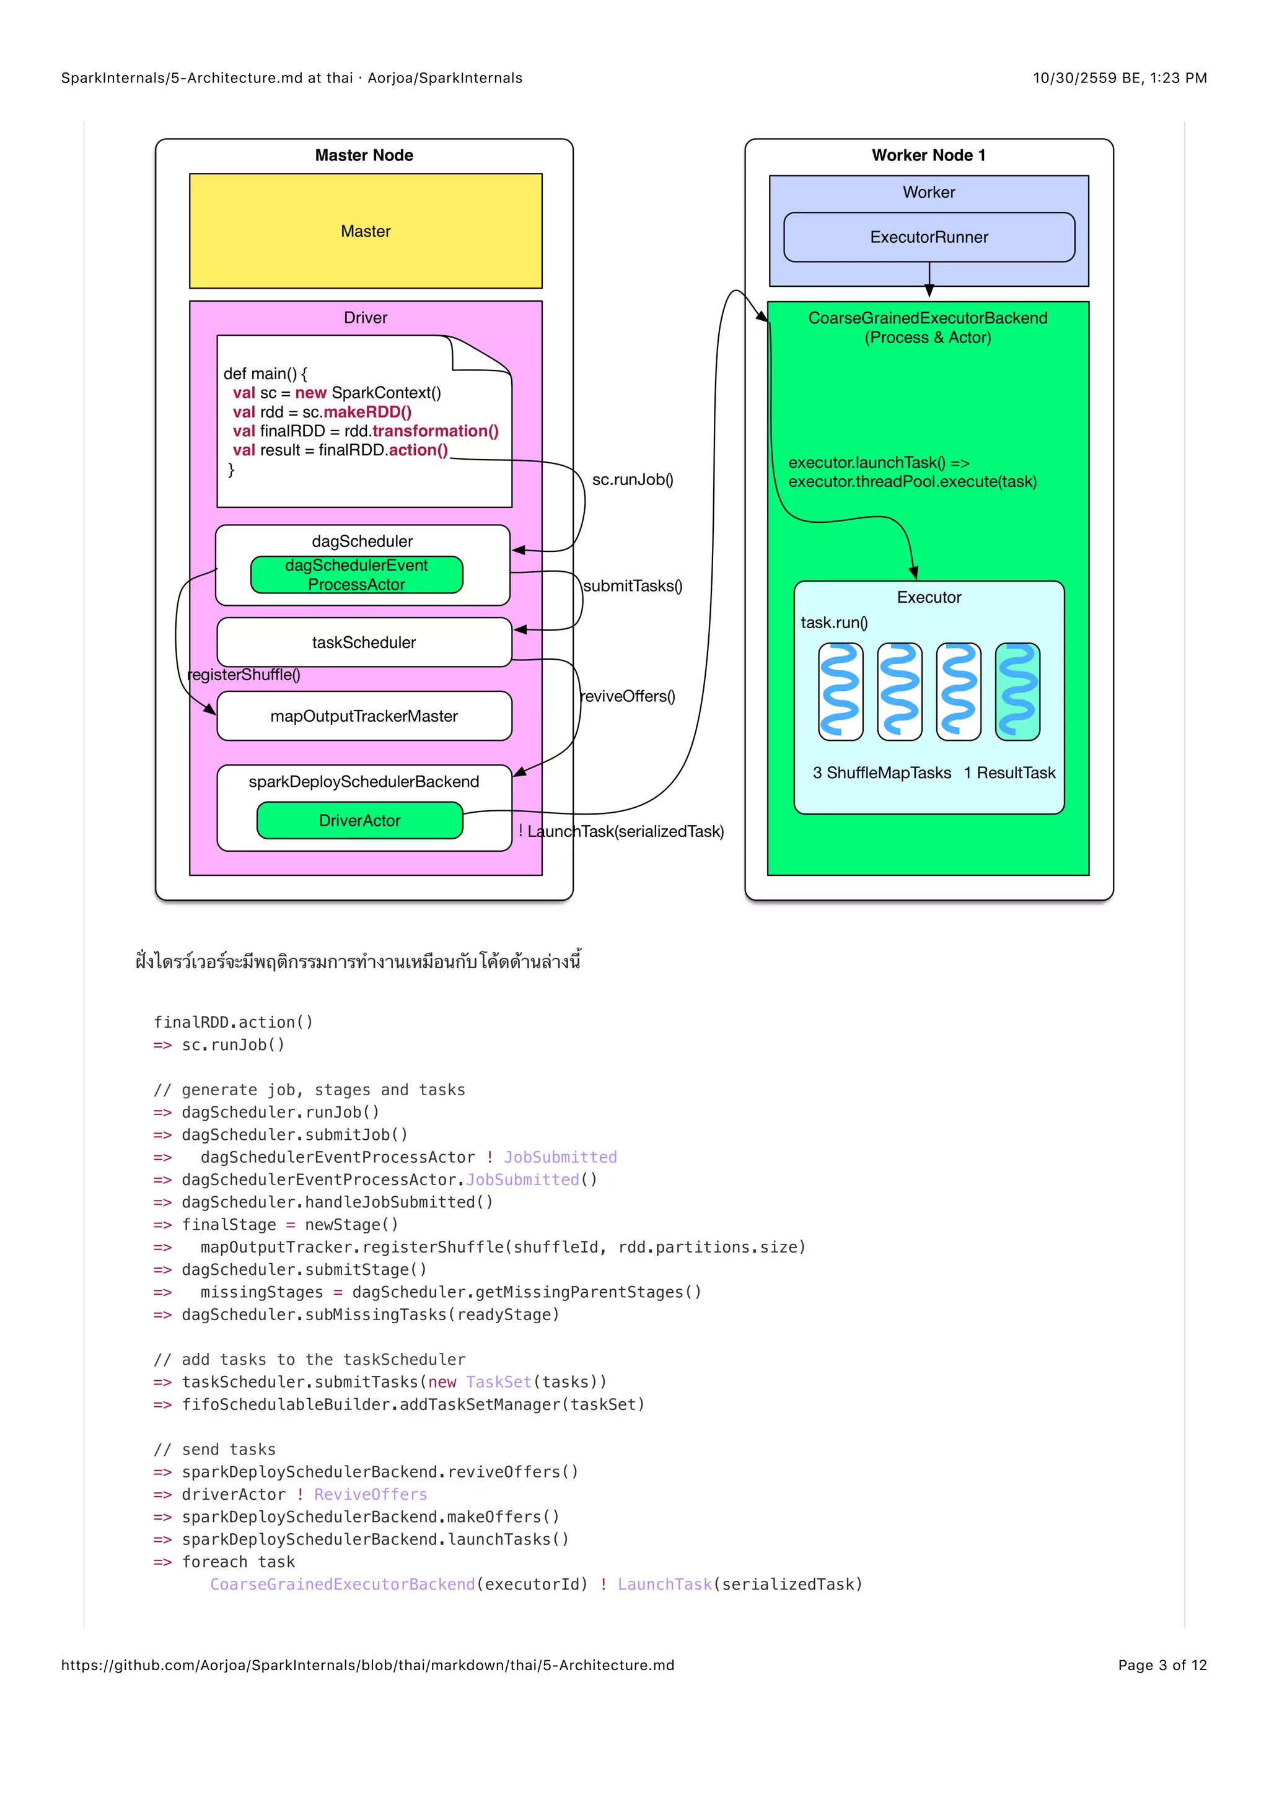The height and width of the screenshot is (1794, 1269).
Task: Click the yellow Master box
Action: (x=365, y=231)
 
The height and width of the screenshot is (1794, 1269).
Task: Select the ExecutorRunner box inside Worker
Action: (x=928, y=237)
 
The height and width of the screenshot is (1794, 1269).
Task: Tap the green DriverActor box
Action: (x=359, y=820)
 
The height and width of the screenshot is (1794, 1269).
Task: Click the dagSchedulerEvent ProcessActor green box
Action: (x=356, y=574)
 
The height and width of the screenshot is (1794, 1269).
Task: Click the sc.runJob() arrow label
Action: (x=632, y=479)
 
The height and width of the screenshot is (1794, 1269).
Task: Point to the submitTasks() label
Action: (x=632, y=586)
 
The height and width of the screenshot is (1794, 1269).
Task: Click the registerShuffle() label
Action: (x=244, y=675)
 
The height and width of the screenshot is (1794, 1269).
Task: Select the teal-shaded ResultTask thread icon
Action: (x=1017, y=691)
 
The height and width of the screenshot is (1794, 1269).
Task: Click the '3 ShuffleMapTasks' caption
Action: (x=882, y=772)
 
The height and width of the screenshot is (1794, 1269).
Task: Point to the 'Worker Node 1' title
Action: (x=928, y=155)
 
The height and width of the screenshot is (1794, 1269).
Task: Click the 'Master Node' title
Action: (x=364, y=155)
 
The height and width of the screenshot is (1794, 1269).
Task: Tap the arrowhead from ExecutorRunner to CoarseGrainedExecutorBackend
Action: (x=929, y=291)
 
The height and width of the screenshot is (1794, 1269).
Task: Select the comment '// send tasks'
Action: (x=215, y=1450)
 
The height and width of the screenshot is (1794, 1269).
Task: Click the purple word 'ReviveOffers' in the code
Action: (x=371, y=1494)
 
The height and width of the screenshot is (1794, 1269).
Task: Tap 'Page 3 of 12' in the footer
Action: (x=1162, y=1665)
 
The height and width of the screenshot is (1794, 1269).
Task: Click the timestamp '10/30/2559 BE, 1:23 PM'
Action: (x=1119, y=78)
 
